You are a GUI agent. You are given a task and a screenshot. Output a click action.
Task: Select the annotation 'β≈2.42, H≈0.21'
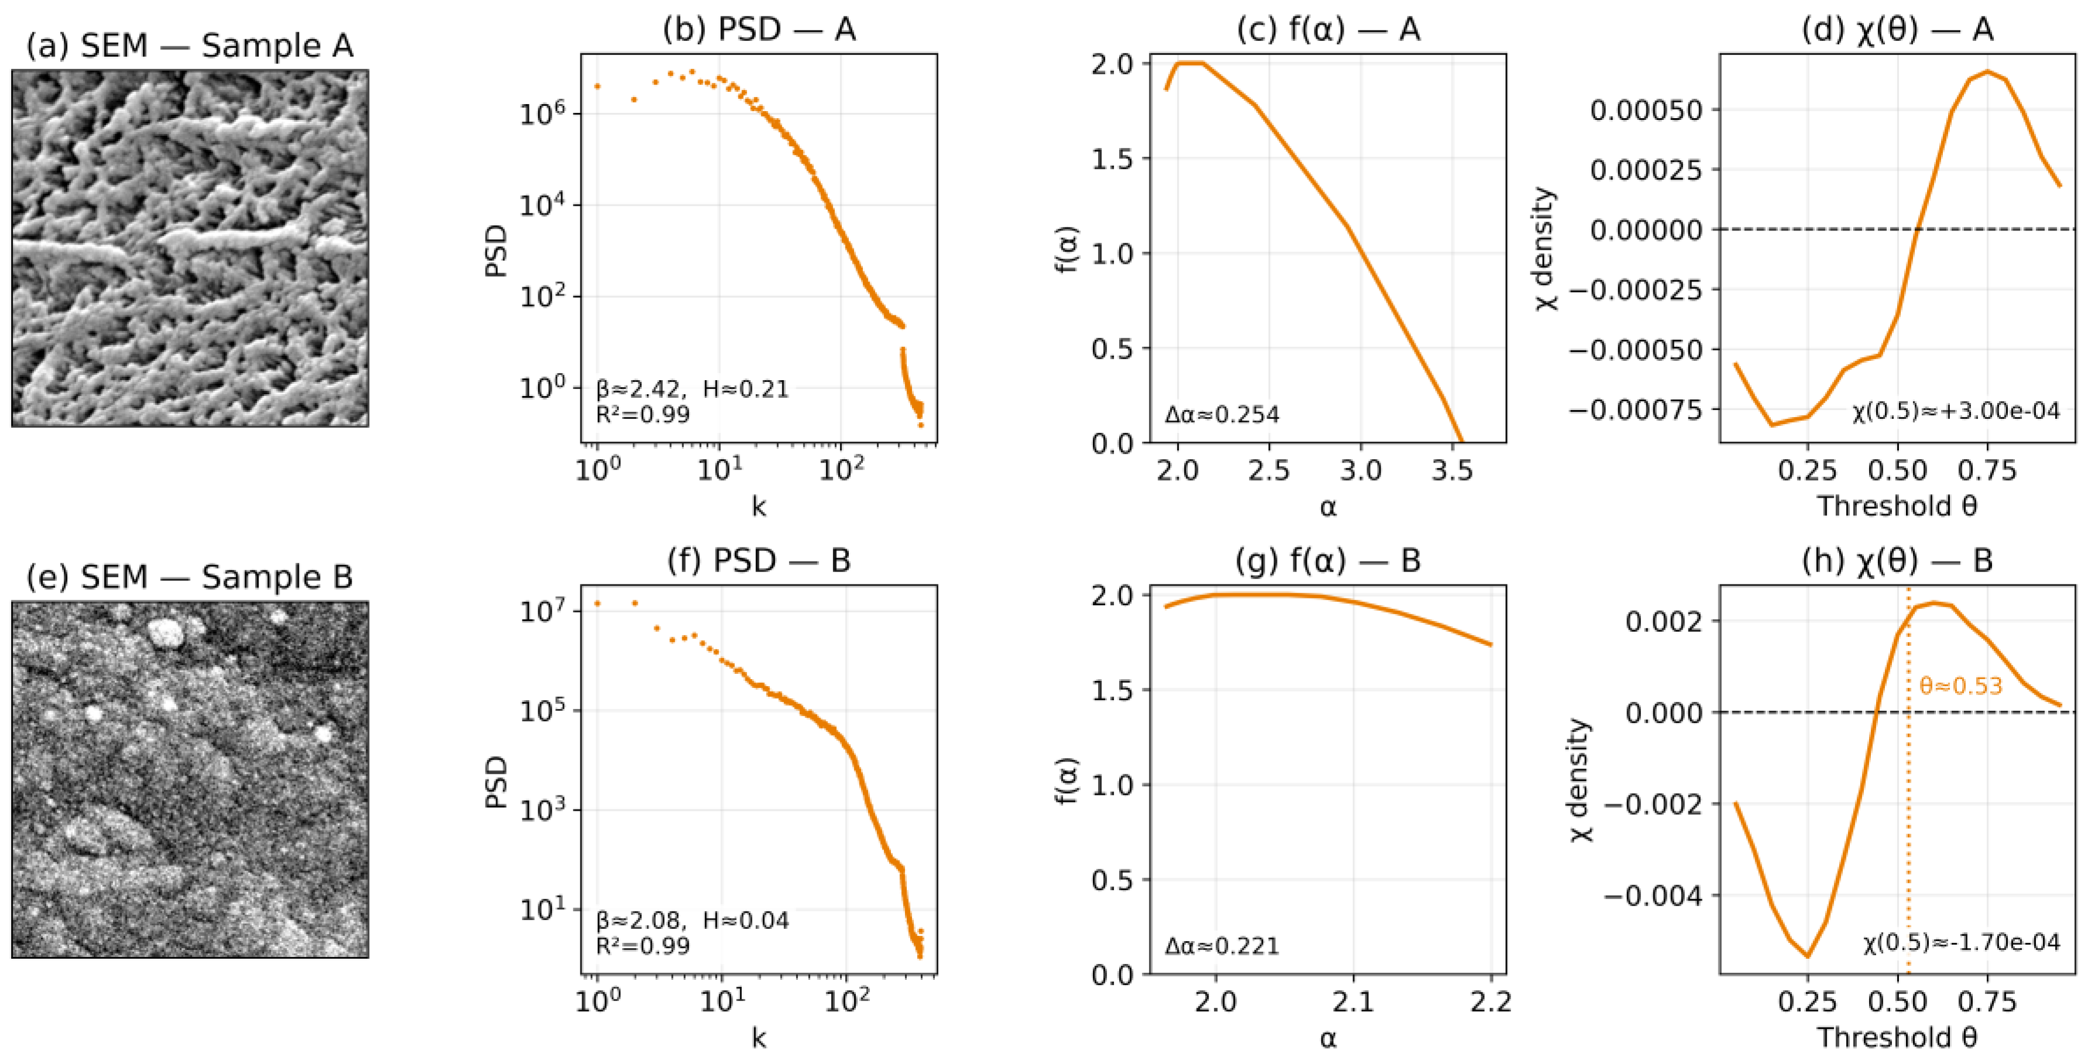[x=692, y=389]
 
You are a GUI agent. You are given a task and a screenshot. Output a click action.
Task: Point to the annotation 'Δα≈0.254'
[x=1222, y=415]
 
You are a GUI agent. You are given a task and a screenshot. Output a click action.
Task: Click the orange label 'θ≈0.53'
[x=1960, y=686]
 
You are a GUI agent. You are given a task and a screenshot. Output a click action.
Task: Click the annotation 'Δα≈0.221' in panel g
[x=1222, y=946]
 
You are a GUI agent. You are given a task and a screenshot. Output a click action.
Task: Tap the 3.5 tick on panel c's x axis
[x=1451, y=470]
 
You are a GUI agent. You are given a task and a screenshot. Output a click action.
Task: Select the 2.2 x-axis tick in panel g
[x=1490, y=1001]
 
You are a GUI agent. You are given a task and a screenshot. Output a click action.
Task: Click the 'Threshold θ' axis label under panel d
[x=1897, y=506]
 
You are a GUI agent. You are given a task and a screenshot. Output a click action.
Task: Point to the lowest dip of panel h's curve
[x=1807, y=956]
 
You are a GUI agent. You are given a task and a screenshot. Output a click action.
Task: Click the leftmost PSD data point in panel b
[x=597, y=86]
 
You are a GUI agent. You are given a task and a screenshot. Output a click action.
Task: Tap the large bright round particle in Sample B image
[x=166, y=633]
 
